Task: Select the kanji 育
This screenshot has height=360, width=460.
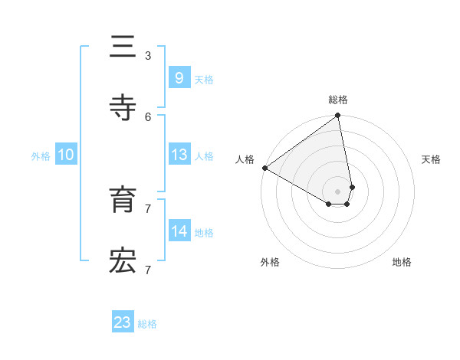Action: pos(123,201)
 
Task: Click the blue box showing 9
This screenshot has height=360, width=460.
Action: pos(179,77)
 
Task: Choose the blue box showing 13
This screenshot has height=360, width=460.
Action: pos(179,154)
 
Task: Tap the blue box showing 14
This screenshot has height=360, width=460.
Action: pos(179,231)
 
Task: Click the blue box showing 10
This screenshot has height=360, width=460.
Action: pos(66,154)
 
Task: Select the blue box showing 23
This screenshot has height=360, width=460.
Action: pos(123,322)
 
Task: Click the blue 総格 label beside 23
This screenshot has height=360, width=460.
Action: pos(147,324)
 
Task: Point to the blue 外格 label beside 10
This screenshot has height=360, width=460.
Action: pos(41,155)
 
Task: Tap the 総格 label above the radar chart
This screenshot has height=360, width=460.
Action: pos(338,100)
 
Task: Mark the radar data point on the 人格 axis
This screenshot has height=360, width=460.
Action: pos(264,168)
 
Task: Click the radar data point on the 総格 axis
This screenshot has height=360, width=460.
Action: pos(338,116)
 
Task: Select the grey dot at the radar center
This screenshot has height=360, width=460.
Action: pos(338,191)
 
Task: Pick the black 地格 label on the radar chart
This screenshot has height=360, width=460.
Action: pos(402,262)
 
